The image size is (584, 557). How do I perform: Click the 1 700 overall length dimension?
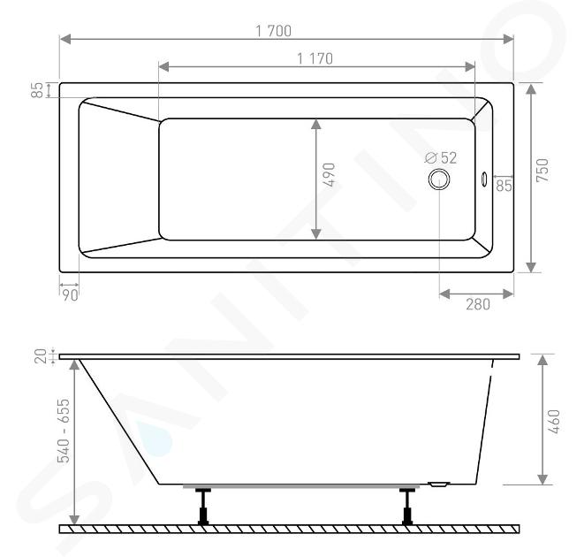tap(274, 31)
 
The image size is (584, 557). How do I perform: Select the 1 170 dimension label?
tap(315, 58)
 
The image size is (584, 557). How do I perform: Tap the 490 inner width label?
tap(329, 174)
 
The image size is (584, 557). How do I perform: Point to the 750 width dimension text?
tap(542, 171)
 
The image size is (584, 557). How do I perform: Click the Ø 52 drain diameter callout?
tap(441, 158)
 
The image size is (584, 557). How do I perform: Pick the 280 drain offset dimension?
tap(478, 305)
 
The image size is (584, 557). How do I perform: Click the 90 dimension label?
tap(70, 295)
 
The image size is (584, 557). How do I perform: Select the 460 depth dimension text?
tap(554, 422)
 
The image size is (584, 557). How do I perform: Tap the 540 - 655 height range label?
tap(64, 431)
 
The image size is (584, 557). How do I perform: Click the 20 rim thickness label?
tap(41, 356)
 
